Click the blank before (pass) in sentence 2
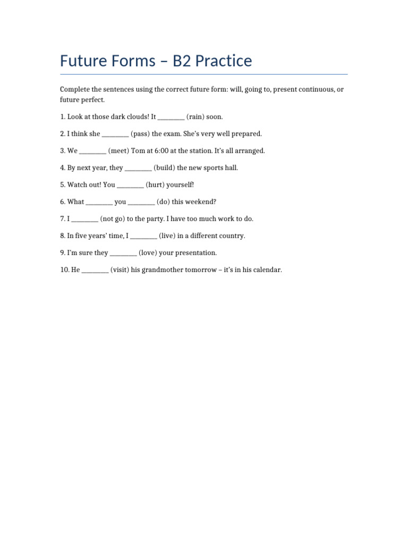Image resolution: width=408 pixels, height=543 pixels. point(115,134)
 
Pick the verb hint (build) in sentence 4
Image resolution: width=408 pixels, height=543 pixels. point(164,168)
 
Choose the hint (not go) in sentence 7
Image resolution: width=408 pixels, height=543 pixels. point(112,218)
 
